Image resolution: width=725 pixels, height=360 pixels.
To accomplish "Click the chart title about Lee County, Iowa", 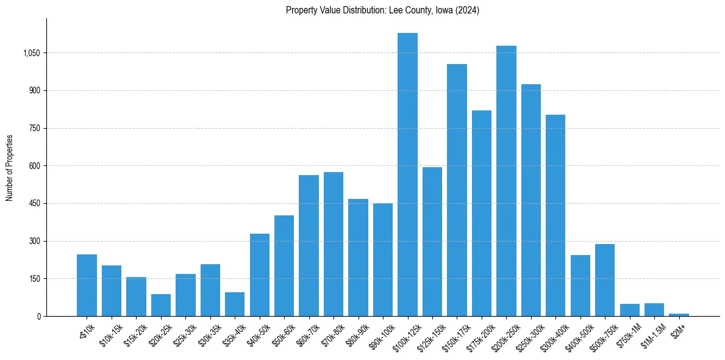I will tap(382, 10).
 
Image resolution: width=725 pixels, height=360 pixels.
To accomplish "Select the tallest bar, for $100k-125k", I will tap(407, 175).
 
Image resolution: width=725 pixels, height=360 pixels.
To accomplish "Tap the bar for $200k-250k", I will tap(506, 181).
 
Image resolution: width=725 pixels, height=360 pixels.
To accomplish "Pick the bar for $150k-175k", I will tap(457, 190).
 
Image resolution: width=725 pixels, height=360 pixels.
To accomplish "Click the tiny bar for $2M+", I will tap(679, 315).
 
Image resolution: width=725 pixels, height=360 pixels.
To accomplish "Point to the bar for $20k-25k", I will tap(161, 305).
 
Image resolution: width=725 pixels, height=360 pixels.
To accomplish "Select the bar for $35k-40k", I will tap(235, 304).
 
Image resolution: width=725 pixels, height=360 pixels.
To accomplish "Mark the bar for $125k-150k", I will tap(432, 242).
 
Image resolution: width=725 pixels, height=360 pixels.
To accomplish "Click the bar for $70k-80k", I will tap(334, 244).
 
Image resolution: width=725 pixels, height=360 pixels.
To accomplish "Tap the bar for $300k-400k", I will tap(555, 215).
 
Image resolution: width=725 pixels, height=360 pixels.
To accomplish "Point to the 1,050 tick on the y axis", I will tap(31, 53).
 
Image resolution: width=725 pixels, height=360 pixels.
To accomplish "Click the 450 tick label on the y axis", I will tap(35, 204).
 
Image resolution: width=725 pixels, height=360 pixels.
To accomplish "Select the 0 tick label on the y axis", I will tap(39, 317).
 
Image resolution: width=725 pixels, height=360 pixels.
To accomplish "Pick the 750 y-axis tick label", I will tap(35, 128).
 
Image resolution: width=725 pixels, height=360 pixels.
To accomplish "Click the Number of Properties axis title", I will tap(10, 167).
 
